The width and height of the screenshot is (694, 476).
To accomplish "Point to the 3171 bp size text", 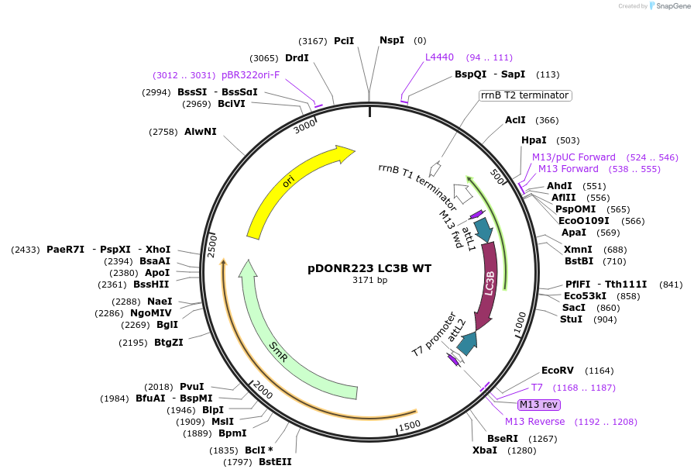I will click(369, 280).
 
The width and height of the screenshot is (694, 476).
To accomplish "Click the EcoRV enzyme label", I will click(558, 371).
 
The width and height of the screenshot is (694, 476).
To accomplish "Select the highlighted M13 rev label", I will click(538, 404).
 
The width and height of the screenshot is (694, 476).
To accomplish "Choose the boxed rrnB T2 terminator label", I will click(524, 95).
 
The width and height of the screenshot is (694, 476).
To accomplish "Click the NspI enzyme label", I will click(391, 40).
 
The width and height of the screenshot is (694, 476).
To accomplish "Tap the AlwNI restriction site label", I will click(200, 132).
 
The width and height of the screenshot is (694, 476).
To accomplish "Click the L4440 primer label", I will click(439, 57).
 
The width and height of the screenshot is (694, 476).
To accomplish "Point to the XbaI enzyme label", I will click(485, 450).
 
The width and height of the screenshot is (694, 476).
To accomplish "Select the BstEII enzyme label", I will click(275, 462).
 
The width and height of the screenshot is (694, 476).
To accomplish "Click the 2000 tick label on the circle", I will click(262, 391).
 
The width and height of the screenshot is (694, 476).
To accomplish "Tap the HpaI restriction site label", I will click(534, 140).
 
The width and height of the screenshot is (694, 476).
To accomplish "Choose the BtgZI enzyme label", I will click(168, 342).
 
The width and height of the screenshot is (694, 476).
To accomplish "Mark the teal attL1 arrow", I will click(483, 229).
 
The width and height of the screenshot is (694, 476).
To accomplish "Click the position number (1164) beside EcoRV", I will click(600, 371).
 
